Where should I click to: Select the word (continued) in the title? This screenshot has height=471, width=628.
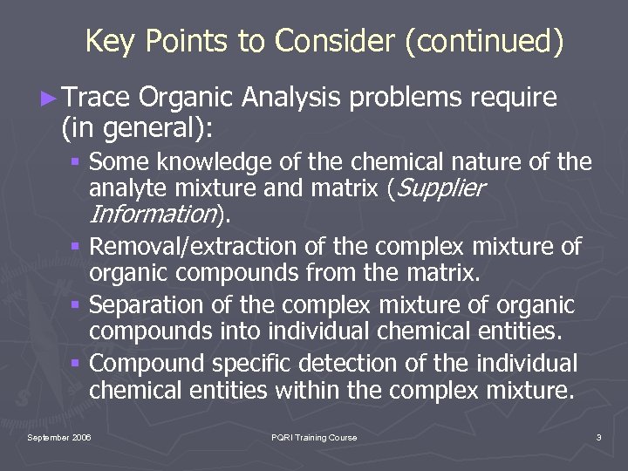484,41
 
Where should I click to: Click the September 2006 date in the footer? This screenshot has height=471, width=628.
59,437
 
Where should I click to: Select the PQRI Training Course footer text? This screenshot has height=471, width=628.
314,437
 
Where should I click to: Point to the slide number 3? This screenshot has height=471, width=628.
598,437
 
